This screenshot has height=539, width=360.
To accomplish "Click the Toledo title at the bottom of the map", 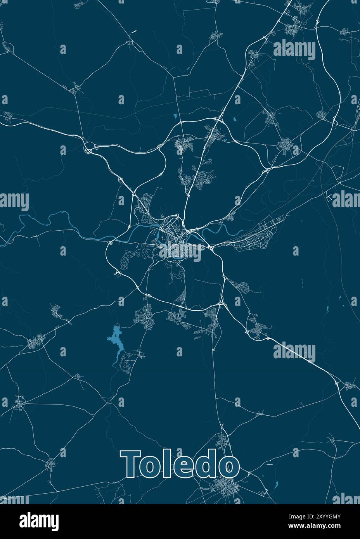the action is [x=180, y=465].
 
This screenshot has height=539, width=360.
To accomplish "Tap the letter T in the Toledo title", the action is [x=132, y=465].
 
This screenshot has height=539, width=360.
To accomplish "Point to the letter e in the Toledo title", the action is [x=183, y=467].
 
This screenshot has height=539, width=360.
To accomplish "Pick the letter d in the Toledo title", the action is [x=206, y=465].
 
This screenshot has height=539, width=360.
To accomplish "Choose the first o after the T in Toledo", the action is [x=152, y=467].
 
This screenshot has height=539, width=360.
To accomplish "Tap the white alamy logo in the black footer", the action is [x=39, y=520].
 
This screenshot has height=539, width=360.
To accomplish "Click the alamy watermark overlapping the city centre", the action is [x=180, y=250].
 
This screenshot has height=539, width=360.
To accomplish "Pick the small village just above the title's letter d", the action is [x=222, y=440].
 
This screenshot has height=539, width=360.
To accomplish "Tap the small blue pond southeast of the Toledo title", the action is [x=276, y=484].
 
